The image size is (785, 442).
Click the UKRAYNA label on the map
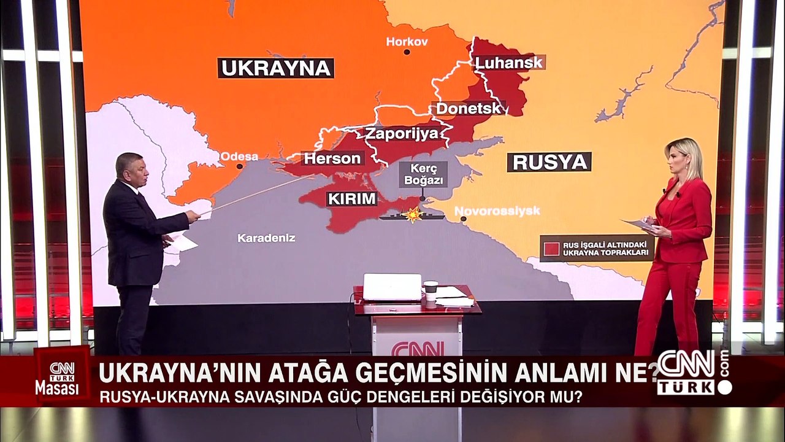[275, 68]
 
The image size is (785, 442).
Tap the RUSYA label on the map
[549, 162]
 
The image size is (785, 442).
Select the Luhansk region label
[509, 63]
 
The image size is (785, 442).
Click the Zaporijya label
[402, 134]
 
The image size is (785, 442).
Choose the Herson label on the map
[332, 158]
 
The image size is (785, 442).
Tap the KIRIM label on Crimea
[351, 199]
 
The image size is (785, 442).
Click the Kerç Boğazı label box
[423, 174]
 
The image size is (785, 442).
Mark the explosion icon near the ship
[414, 214]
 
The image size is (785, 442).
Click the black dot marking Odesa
[240, 166]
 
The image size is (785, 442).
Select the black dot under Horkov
[407, 52]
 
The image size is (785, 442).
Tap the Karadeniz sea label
[266, 238]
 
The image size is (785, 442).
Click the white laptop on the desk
[392, 287]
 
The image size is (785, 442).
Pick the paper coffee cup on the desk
[431, 292]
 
